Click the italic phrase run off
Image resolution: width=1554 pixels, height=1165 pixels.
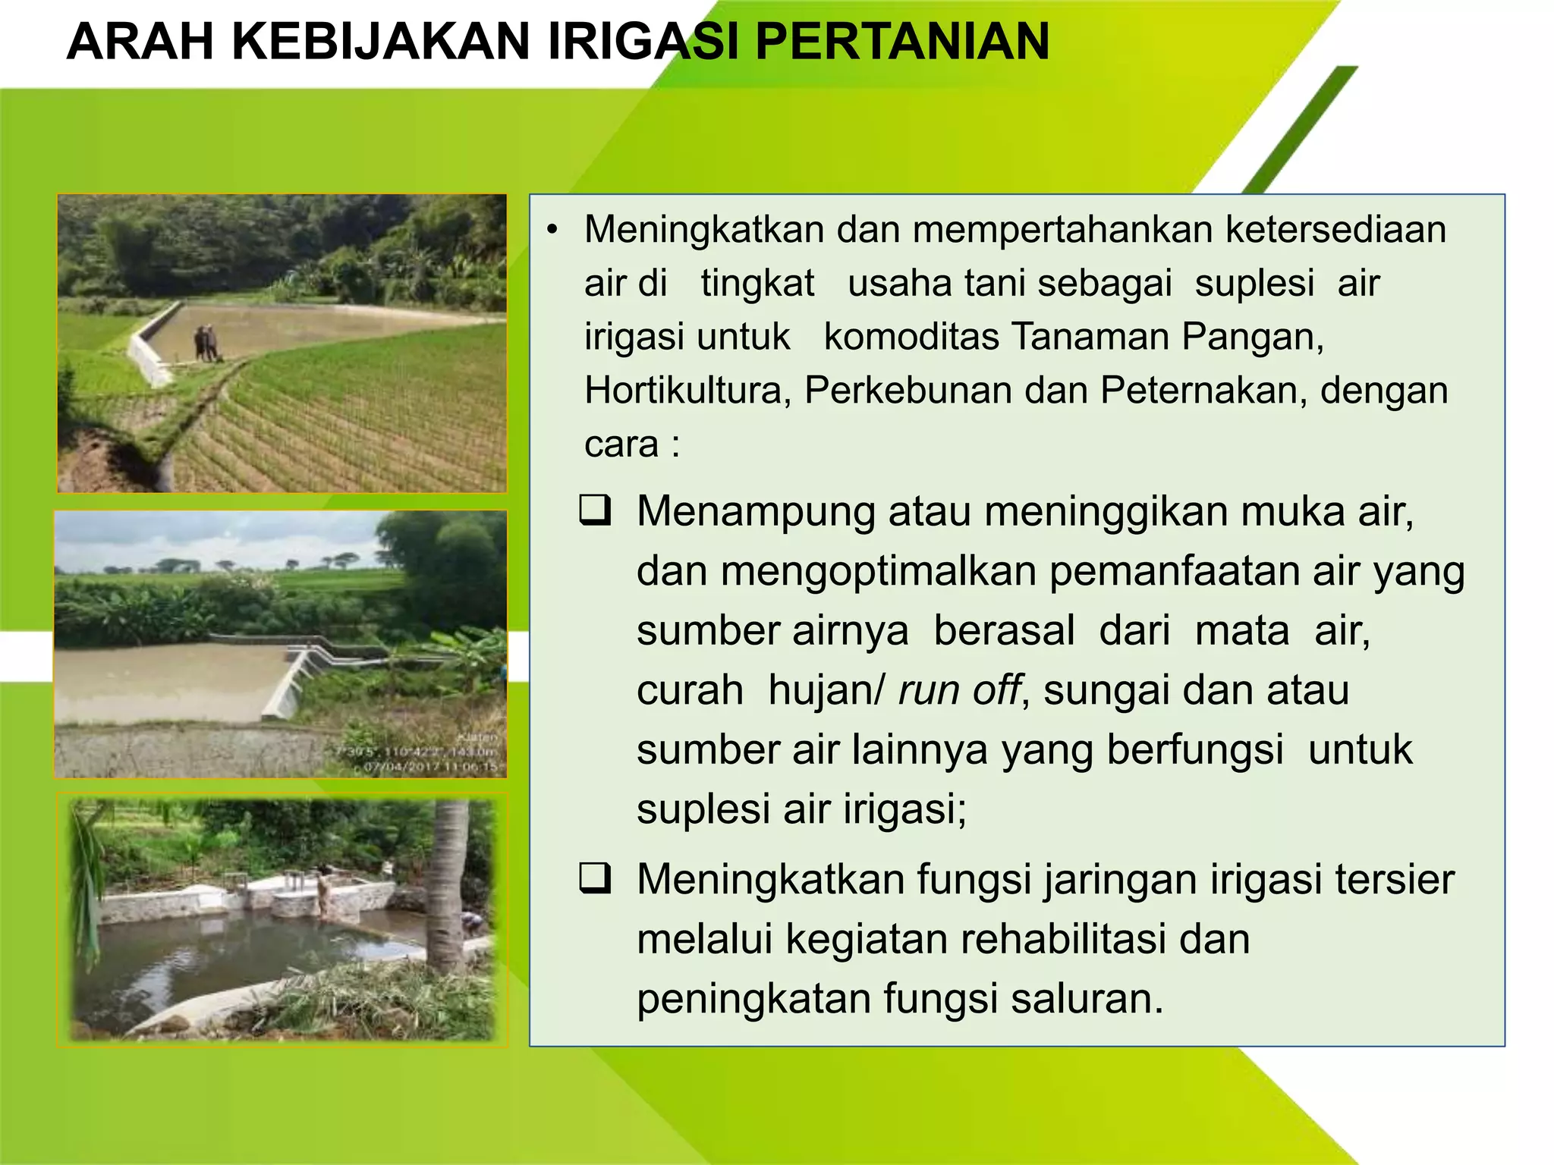(x=959, y=690)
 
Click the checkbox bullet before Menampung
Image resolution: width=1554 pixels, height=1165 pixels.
(x=596, y=510)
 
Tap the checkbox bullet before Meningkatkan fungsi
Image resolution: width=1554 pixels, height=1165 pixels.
(x=596, y=878)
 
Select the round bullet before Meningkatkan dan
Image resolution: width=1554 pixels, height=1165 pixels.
(x=552, y=230)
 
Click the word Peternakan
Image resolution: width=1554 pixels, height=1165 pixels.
(x=1203, y=391)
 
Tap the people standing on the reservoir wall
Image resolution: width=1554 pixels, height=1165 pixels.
(x=206, y=343)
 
